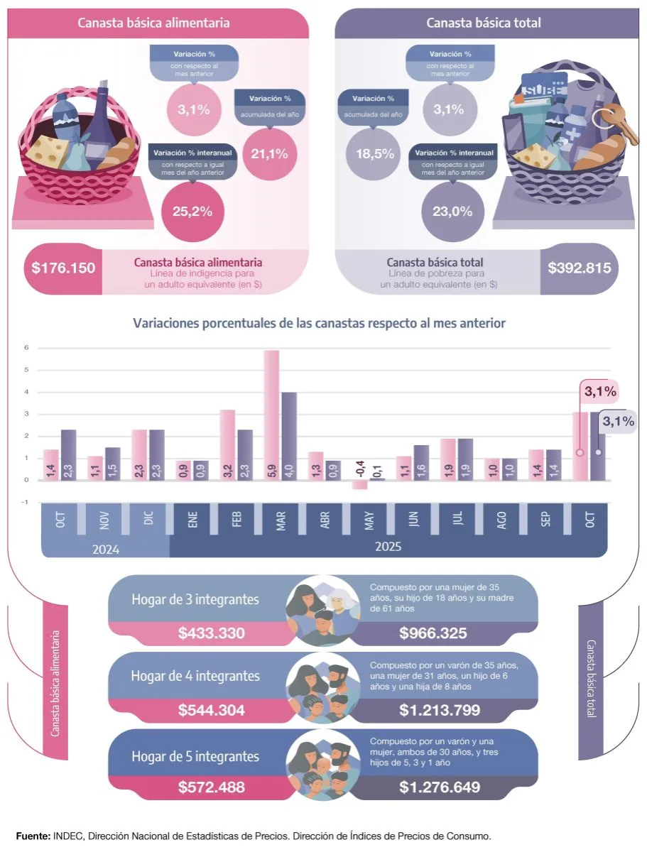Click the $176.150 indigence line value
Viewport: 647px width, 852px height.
(63, 269)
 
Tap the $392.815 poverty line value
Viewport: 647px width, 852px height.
(579, 269)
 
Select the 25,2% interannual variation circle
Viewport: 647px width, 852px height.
(192, 211)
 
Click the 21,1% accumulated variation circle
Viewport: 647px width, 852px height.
(269, 153)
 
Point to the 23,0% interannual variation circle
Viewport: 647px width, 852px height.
(453, 211)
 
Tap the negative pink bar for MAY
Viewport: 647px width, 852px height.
(359, 485)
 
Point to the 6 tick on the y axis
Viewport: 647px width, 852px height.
(26, 348)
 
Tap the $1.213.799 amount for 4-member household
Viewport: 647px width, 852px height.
(440, 710)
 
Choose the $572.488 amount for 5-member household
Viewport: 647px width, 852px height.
(212, 787)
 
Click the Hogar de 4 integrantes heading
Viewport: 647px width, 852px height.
(195, 676)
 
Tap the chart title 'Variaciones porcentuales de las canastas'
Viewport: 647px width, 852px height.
(319, 323)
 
